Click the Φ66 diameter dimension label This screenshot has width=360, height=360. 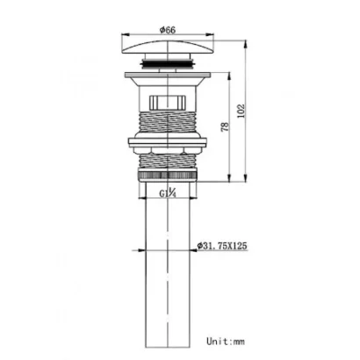click(x=168, y=30)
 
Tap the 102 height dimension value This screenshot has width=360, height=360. click(x=241, y=111)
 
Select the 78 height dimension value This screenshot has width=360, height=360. click(x=226, y=126)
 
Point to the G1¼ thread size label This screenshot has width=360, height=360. click(x=168, y=193)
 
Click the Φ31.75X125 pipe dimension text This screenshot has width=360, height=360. click(x=222, y=246)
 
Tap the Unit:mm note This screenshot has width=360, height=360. click(x=226, y=342)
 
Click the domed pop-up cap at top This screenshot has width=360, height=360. click(x=167, y=47)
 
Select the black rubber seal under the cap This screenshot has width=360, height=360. click(x=167, y=63)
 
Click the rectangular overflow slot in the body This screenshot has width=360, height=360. click(x=168, y=102)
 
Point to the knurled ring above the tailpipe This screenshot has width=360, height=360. click(x=168, y=176)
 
